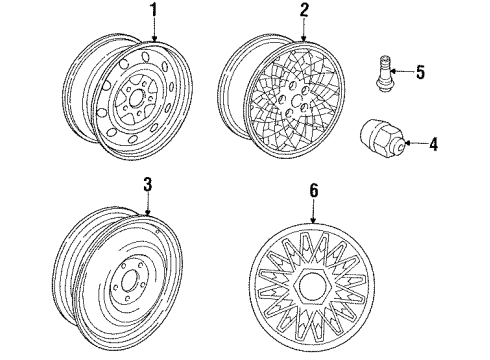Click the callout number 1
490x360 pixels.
click(x=154, y=11)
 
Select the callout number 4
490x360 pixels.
click(x=433, y=144)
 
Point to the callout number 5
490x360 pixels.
click(x=420, y=71)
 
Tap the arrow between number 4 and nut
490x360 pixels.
click(x=417, y=144)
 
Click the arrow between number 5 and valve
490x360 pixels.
click(x=404, y=71)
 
